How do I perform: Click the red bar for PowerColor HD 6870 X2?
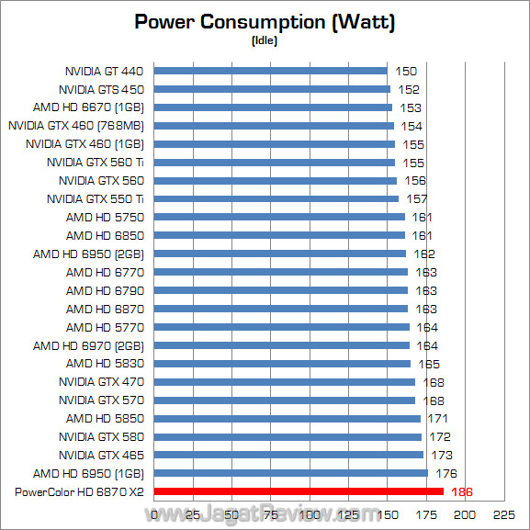tap(299, 491)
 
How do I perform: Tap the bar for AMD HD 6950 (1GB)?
tap(290, 473)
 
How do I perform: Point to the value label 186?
tap(463, 492)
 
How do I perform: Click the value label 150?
tap(406, 71)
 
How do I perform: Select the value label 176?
tap(447, 473)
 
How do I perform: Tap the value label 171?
tap(439, 418)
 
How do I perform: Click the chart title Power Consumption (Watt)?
tap(265, 22)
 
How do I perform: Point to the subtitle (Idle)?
tap(265, 40)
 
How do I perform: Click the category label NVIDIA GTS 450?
tap(101, 89)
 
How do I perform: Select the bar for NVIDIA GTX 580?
tap(288, 436)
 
